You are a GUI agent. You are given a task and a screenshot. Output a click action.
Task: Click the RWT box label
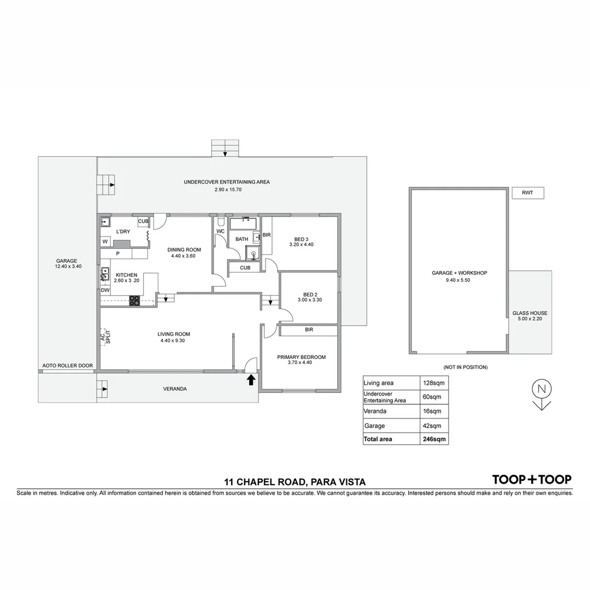pyautogui.click(x=528, y=193)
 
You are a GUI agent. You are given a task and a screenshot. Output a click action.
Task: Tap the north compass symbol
pyautogui.click(x=541, y=393)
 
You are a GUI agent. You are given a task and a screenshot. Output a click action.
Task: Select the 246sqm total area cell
pyautogui.click(x=434, y=439)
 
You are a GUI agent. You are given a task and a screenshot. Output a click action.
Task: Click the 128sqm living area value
pyautogui.click(x=434, y=383)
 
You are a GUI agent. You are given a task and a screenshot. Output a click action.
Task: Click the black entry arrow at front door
pyautogui.click(x=251, y=380)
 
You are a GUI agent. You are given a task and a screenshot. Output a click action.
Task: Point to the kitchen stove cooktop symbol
pyautogui.click(x=134, y=300)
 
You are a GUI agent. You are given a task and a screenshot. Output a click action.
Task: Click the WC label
pyautogui.click(x=221, y=231)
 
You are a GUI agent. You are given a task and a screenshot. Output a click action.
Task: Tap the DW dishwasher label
pyautogui.click(x=105, y=290)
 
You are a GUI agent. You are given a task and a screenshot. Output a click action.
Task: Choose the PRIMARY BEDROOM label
pyautogui.click(x=301, y=357)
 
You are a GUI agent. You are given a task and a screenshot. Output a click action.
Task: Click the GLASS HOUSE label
pyautogui.click(x=529, y=314)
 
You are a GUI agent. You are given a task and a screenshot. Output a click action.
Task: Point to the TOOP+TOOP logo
pyautogui.click(x=532, y=480)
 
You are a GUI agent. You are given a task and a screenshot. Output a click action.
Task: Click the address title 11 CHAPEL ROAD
pyautogui.click(x=294, y=482)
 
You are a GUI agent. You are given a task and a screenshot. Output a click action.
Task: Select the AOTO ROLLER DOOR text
pyautogui.click(x=68, y=365)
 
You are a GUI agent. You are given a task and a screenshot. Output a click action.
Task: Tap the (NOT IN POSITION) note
pyautogui.click(x=465, y=367)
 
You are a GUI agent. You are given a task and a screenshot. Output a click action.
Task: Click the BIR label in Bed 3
pyautogui.click(x=267, y=235)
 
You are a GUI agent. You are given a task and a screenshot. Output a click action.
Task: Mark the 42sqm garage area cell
pyautogui.click(x=434, y=426)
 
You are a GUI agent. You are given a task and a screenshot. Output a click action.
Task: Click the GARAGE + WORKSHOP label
pyautogui.click(x=459, y=273)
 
